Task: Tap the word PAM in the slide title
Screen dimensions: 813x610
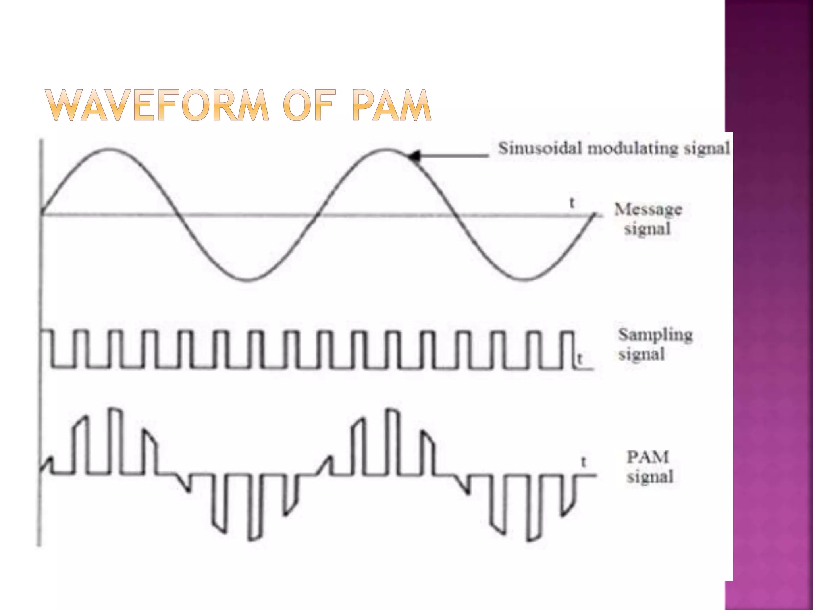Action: tap(391, 105)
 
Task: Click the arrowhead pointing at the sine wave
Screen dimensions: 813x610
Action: tap(414, 156)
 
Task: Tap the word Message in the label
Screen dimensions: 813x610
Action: tap(648, 209)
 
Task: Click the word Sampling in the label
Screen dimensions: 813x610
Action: tap(655, 335)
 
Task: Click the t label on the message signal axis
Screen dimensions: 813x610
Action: tap(572, 203)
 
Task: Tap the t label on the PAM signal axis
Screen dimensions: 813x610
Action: tap(584, 462)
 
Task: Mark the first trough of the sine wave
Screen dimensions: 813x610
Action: tap(248, 280)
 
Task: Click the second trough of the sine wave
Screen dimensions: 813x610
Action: tap(524, 280)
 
